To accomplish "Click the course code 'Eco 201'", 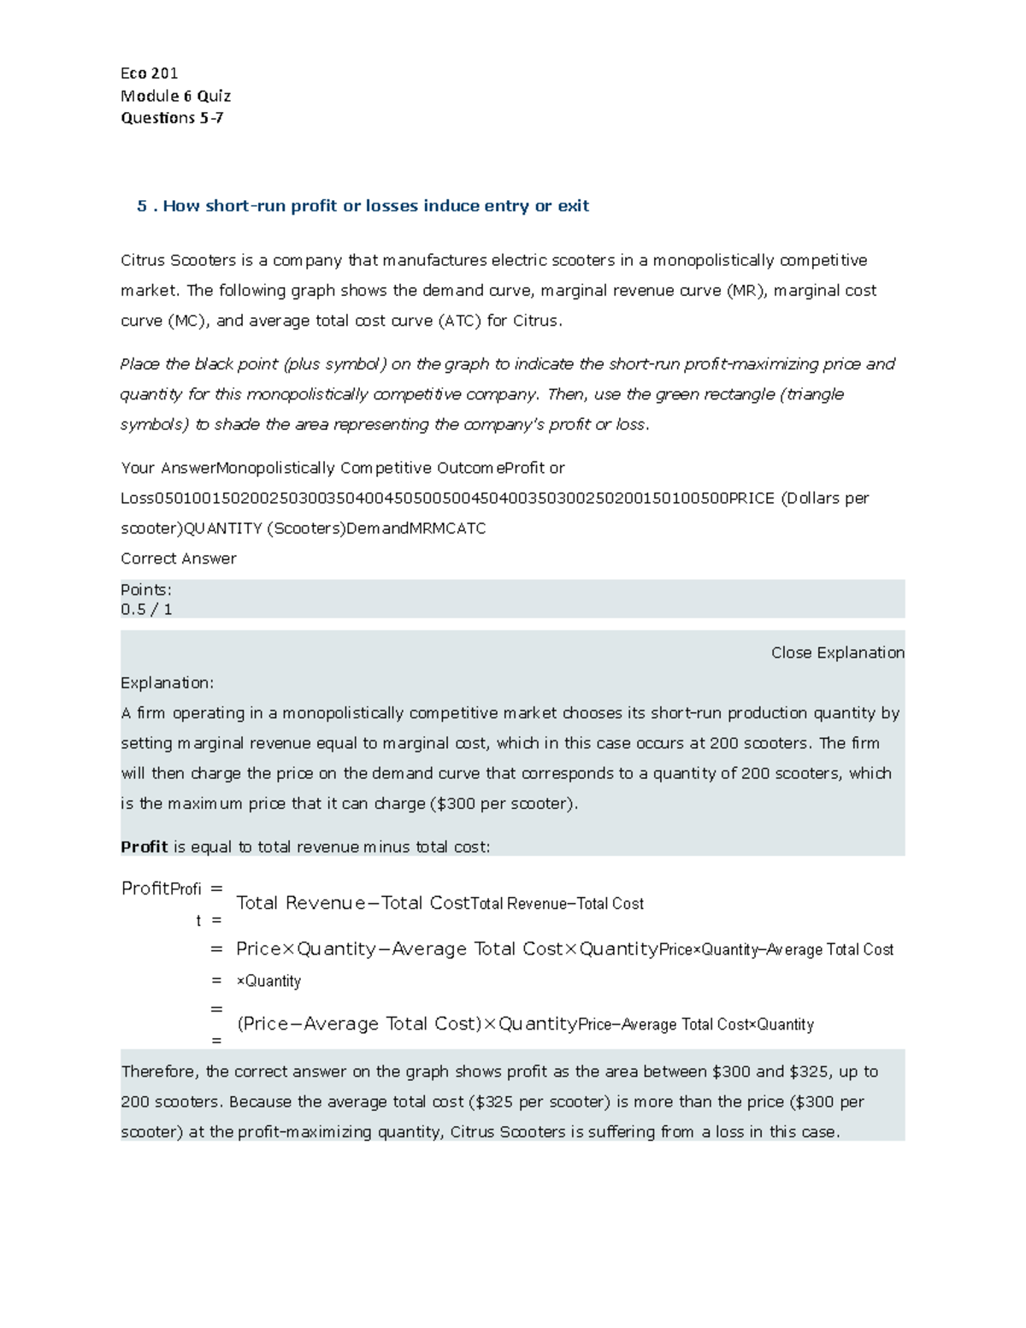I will [x=149, y=74].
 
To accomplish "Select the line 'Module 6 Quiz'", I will [x=175, y=96].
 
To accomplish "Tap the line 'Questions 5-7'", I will [x=172, y=118].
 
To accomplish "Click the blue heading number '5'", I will [x=142, y=206].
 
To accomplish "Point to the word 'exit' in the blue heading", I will [x=573, y=206].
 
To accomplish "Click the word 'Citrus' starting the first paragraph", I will [x=142, y=260].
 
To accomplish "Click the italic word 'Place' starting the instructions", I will [x=139, y=364].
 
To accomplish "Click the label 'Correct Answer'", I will [x=178, y=558].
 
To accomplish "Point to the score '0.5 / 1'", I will [x=146, y=610].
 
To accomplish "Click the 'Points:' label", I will [x=146, y=590].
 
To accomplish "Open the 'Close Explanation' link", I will [x=837, y=652].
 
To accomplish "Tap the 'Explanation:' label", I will [x=168, y=682].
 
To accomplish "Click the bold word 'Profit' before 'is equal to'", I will [x=144, y=847].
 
